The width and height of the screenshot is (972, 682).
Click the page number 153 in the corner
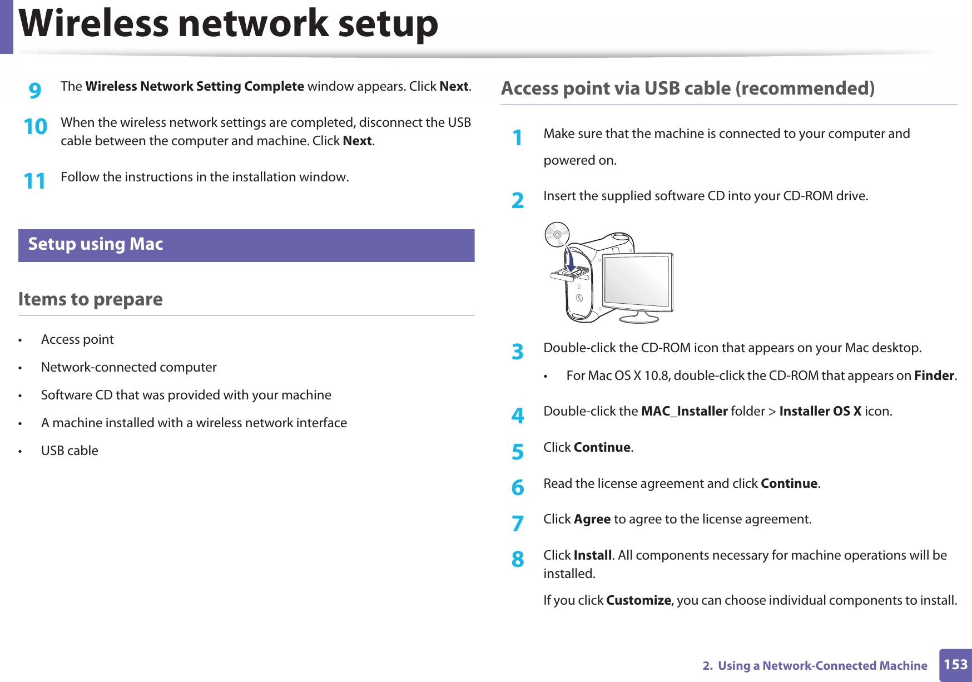pos(955,665)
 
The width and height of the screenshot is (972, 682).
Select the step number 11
pos(34,181)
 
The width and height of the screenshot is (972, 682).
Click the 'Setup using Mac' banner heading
pos(96,244)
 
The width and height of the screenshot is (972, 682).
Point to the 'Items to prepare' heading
pos(90,299)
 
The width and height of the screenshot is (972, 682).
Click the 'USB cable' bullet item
pos(70,451)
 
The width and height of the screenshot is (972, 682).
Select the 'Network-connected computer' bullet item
pos(128,367)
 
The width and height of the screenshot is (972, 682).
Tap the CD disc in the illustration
pos(557,234)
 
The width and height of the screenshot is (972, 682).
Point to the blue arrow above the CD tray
pos(569,259)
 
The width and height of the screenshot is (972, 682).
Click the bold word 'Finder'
pos(934,375)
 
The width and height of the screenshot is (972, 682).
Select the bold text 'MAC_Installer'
pos(684,411)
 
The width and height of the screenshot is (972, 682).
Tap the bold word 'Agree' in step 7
pos(592,519)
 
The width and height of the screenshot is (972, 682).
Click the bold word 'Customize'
pos(638,600)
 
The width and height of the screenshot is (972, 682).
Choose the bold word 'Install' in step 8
pos(593,555)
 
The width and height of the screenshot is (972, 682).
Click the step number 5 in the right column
pos(518,452)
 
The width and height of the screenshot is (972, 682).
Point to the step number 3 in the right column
pos(518,352)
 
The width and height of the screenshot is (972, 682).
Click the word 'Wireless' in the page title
pos(93,24)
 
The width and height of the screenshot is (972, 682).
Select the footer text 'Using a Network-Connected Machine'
pos(822,666)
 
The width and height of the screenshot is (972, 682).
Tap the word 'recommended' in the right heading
pos(805,88)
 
